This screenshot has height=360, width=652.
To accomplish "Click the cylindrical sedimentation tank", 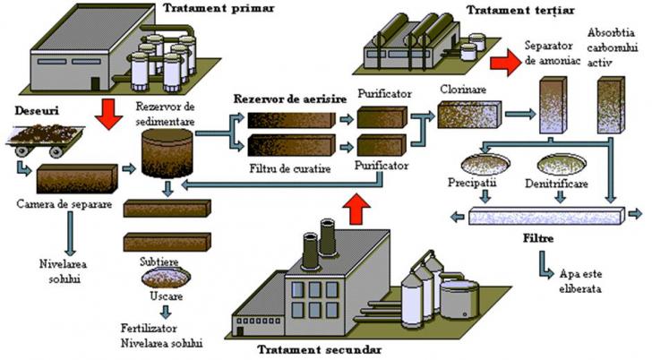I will coord(167,153).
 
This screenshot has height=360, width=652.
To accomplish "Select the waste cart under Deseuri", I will coord(46,138).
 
